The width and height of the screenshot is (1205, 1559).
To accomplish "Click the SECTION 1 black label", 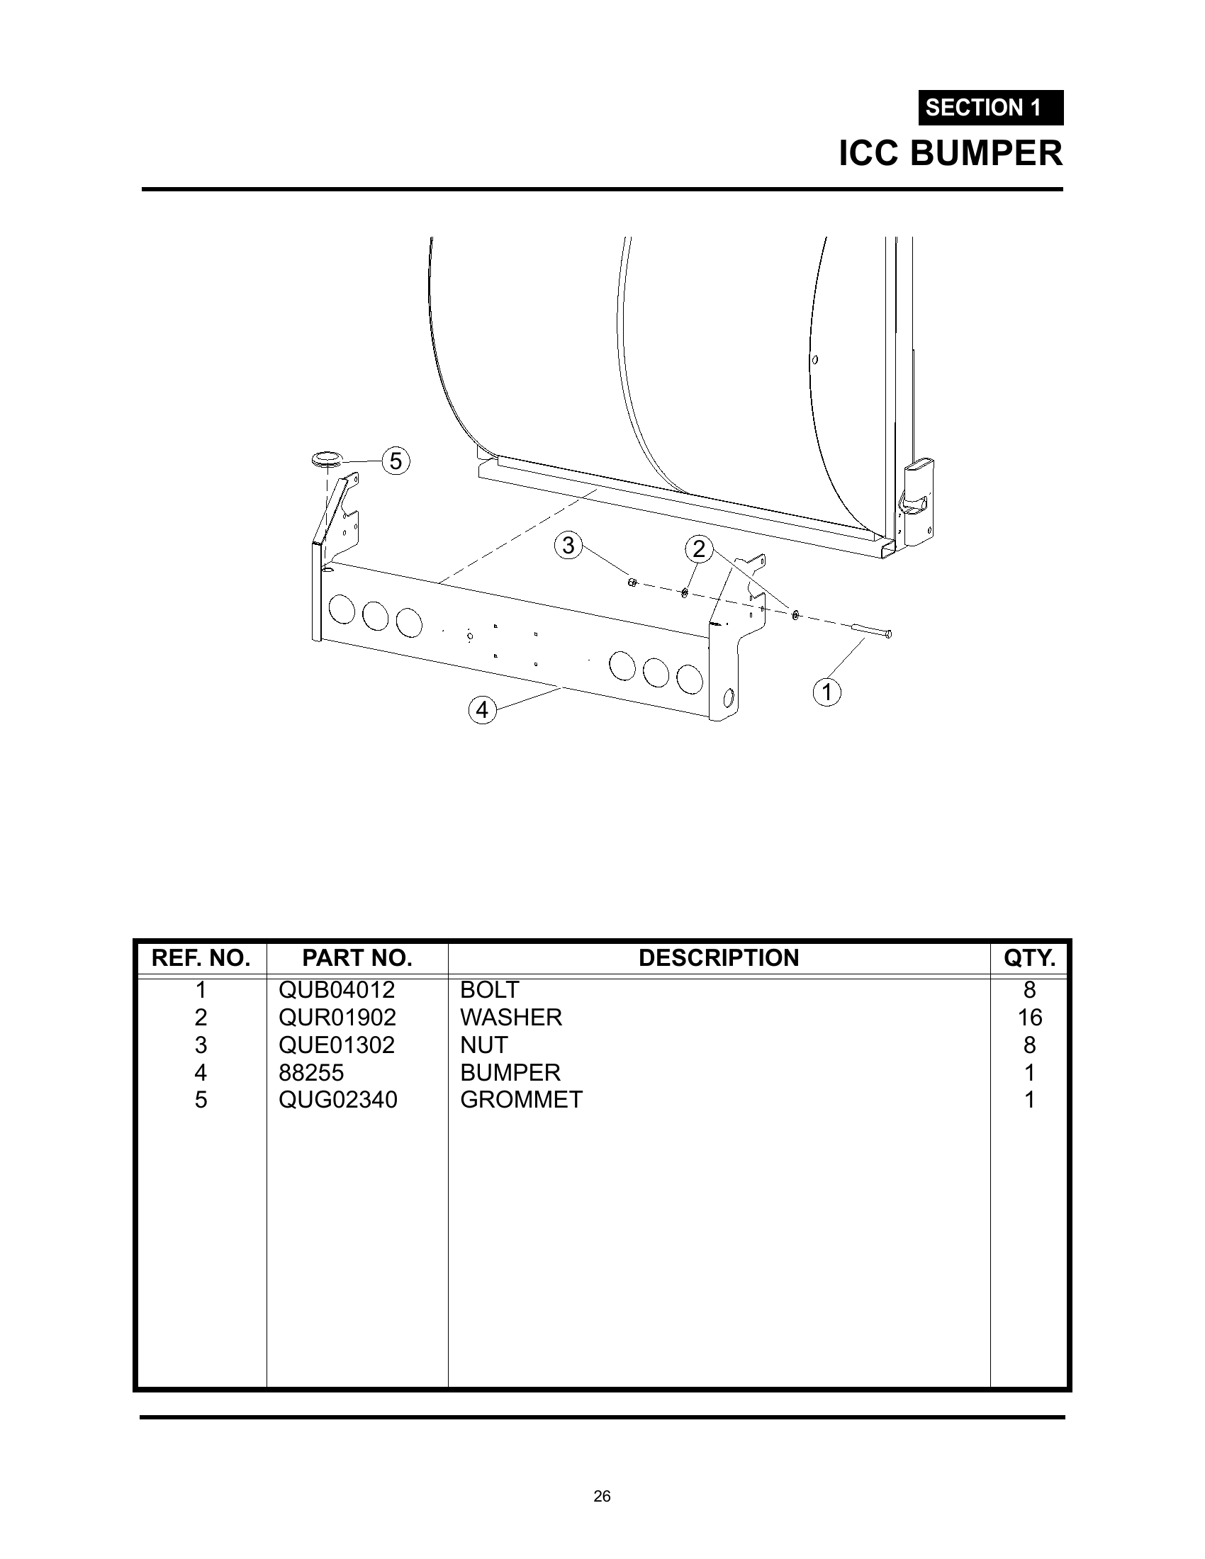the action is (x=991, y=108).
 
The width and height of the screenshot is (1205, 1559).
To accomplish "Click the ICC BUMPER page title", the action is (x=951, y=154).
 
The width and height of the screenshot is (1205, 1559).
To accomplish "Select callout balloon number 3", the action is (x=568, y=546).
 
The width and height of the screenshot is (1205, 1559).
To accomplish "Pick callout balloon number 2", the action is (x=699, y=549).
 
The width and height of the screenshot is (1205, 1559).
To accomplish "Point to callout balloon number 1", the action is (x=826, y=692).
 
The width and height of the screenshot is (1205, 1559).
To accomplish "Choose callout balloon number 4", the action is (x=483, y=710).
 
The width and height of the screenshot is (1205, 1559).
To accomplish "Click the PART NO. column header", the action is (x=357, y=958).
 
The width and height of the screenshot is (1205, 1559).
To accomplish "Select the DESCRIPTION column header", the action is (x=719, y=958).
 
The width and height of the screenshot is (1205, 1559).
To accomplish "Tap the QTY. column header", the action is (x=1029, y=958).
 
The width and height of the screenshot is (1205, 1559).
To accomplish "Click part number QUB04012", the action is (x=337, y=990).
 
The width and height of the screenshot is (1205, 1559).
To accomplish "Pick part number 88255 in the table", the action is (x=311, y=1072).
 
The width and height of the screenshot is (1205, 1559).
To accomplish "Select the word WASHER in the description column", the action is (x=511, y=1017).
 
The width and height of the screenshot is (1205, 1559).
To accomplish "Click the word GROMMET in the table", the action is (x=522, y=1099).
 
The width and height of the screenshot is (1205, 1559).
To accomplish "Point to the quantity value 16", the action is (x=1029, y=1017).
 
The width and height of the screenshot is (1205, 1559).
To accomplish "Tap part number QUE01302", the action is (x=337, y=1045).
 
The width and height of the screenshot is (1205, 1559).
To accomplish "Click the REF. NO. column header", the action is (x=201, y=958).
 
